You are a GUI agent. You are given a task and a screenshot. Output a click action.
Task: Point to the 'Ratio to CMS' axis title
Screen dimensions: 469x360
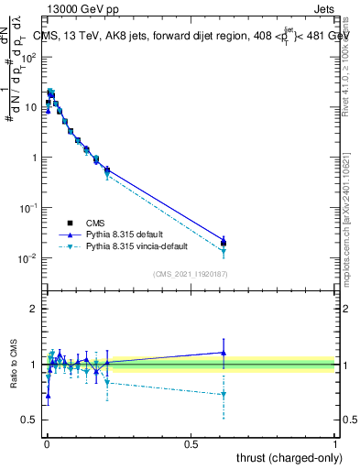coord(12,364)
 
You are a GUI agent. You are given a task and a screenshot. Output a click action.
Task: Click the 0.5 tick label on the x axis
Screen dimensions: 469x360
coord(191,442)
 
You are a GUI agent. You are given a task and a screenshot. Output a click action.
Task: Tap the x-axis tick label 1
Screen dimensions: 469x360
coord(336,442)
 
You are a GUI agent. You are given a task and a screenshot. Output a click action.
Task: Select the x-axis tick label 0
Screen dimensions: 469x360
coord(47,442)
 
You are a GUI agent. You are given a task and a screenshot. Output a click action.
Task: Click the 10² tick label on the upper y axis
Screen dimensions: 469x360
coord(29,57)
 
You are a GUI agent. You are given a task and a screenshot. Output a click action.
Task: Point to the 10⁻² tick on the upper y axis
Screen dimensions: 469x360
coord(29,258)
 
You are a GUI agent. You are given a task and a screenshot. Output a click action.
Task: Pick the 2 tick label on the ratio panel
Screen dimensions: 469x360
coord(34,309)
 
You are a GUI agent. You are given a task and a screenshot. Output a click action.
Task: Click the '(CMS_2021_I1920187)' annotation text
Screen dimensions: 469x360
coord(191,275)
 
